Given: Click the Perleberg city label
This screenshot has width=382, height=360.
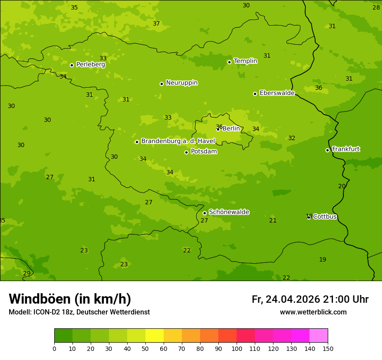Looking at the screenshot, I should click(x=90, y=65).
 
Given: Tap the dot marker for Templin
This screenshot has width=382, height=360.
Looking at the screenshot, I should click(x=229, y=62).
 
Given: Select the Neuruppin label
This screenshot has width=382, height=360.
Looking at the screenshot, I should click(x=181, y=83).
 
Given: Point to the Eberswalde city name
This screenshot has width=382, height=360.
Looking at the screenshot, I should click(x=277, y=93).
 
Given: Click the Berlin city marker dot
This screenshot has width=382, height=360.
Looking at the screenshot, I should click(x=218, y=129).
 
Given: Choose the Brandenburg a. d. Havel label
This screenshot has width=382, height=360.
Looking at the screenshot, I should click(x=178, y=141).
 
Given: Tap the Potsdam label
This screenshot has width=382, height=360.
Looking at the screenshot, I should click(x=204, y=152).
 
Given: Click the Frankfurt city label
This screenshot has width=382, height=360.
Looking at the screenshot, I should click(x=346, y=149).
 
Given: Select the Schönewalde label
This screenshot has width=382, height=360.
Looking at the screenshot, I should click(x=229, y=212).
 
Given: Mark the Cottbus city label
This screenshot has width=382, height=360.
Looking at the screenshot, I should click(x=325, y=216).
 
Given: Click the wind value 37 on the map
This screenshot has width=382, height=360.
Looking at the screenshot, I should click(x=156, y=23).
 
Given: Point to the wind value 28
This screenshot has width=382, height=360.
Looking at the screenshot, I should click(x=376, y=7).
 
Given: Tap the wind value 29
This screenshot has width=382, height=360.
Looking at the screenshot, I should click(x=26, y=273).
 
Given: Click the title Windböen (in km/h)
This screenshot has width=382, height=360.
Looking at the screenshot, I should click(x=70, y=299).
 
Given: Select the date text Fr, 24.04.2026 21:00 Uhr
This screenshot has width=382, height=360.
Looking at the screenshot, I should click(x=310, y=299).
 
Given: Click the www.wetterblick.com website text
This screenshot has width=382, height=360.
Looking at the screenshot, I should click(x=313, y=312).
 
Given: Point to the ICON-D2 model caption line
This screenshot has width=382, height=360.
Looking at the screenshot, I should click(x=79, y=312).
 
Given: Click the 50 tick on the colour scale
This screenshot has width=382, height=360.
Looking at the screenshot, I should click(x=145, y=348).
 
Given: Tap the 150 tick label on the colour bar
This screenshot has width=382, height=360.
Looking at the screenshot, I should click(x=328, y=348).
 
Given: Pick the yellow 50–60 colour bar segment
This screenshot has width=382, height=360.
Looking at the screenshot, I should click(x=155, y=336).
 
